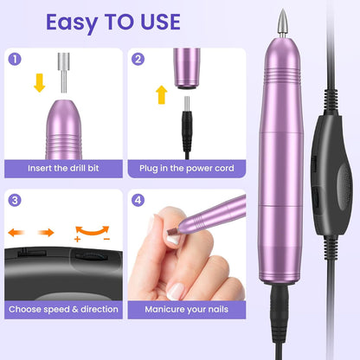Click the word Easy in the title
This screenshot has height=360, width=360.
(x=72, y=22)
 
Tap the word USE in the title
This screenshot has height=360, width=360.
(x=161, y=22)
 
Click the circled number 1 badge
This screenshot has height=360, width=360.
(x=15, y=59)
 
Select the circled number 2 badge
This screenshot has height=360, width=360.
(x=138, y=59)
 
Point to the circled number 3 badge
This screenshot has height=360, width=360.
(x=15, y=200)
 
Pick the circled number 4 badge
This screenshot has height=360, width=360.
(x=138, y=200)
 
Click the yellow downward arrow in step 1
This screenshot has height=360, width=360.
(x=39, y=83)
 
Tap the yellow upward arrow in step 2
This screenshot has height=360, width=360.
(x=162, y=94)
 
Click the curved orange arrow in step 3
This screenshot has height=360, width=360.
(x=93, y=231)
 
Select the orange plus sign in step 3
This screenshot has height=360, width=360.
(x=77, y=239)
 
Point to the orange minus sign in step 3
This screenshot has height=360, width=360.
(x=106, y=239)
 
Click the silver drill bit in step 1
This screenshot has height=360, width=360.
(x=63, y=73)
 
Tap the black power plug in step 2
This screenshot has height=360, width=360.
(x=187, y=127)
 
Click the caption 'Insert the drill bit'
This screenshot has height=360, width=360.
(x=63, y=168)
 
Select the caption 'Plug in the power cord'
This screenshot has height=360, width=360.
(x=187, y=168)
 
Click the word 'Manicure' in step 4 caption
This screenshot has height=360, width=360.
(x=164, y=309)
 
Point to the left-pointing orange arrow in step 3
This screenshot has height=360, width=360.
(x=16, y=232)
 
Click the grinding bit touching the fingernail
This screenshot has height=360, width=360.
(x=173, y=231)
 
